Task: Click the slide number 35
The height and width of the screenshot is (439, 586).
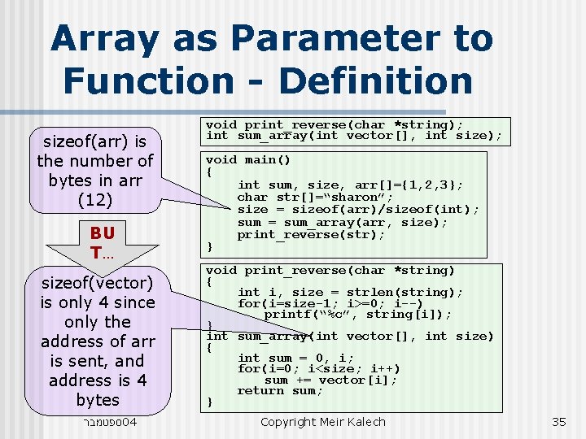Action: pyautogui.click(x=558, y=422)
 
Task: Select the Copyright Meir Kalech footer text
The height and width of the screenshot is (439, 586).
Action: pyautogui.click(x=322, y=422)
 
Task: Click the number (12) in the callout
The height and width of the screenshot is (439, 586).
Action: pyautogui.click(x=97, y=199)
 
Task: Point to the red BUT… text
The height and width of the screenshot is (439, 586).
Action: pyautogui.click(x=102, y=241)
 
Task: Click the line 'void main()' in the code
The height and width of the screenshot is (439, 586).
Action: pyautogui.click(x=247, y=160)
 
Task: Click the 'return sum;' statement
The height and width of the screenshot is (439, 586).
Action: pyautogui.click(x=280, y=390)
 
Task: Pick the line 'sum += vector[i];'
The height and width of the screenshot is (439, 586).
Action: pyautogui.click(x=330, y=380)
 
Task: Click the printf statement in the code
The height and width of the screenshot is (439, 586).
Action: pyautogui.click(x=357, y=314)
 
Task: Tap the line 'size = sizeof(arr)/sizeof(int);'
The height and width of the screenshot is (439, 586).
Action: pyautogui.click(x=358, y=210)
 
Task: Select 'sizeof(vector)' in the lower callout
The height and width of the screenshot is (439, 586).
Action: pyautogui.click(x=97, y=283)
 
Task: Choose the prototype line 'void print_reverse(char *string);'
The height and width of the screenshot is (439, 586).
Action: pyautogui.click(x=334, y=124)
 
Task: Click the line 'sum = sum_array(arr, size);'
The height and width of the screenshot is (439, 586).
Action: pyautogui.click(x=342, y=222)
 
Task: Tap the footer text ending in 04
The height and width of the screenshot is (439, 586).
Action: pyautogui.click(x=109, y=422)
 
